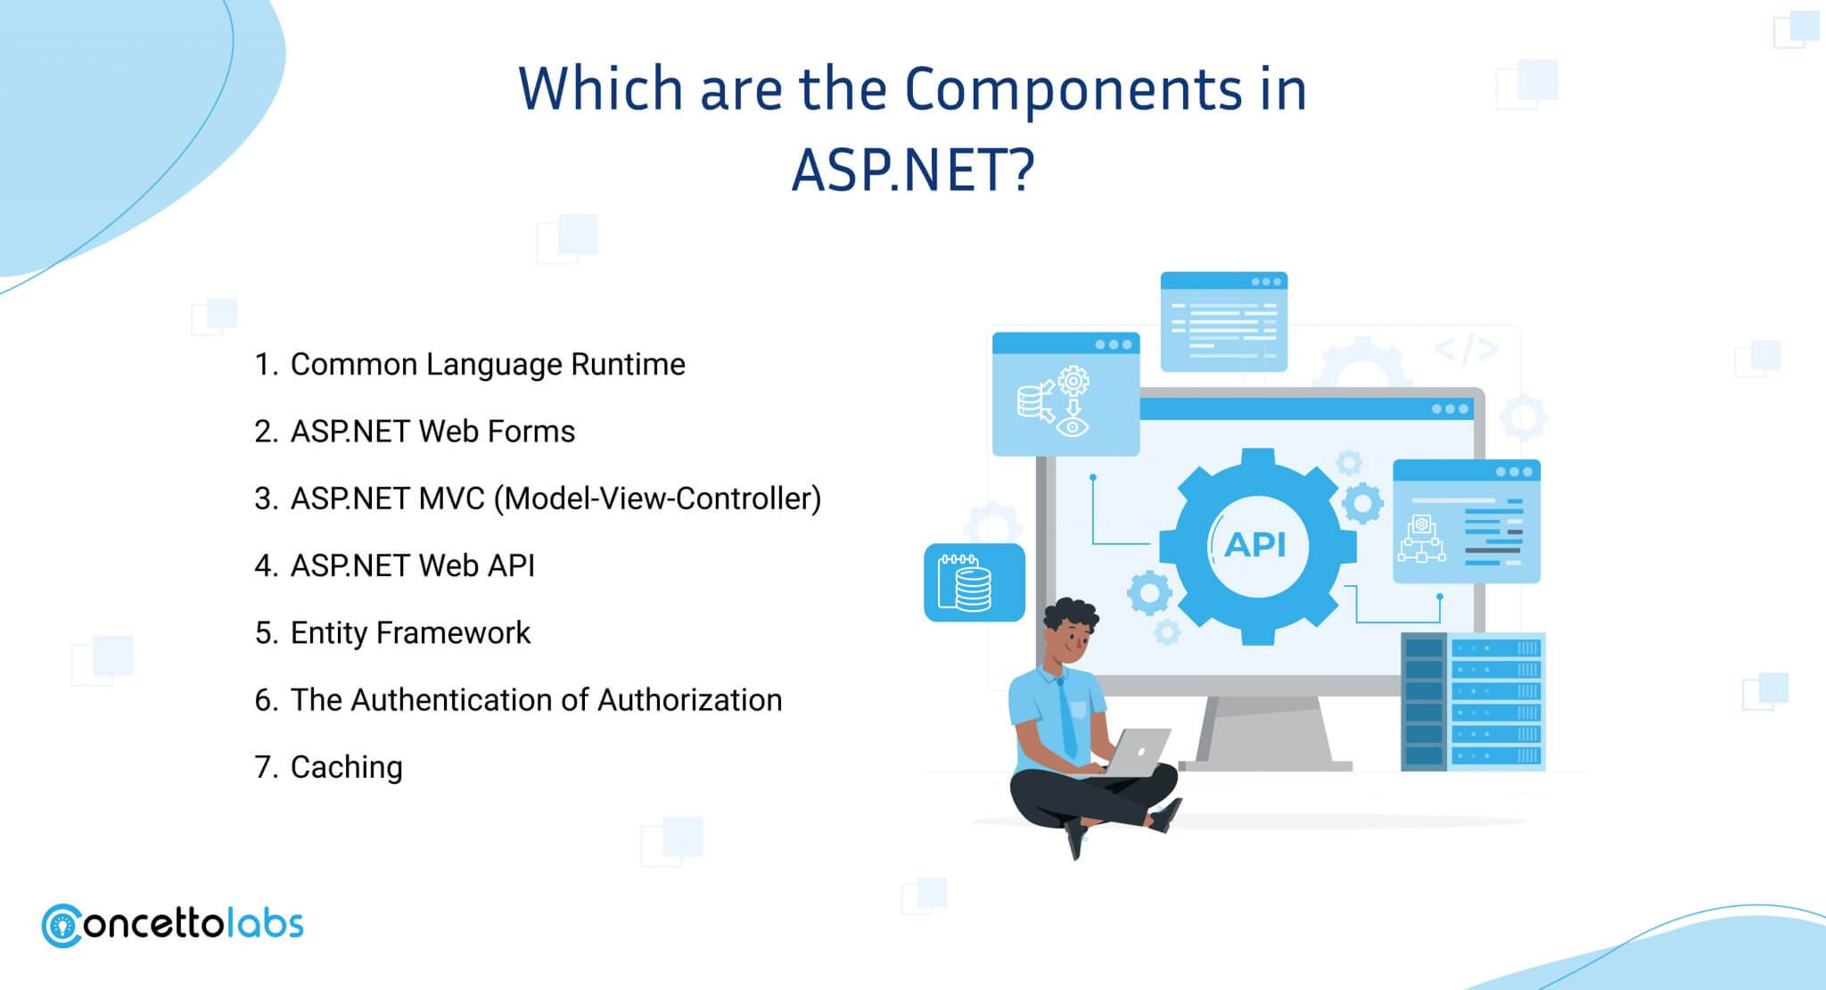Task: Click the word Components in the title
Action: point(1073,90)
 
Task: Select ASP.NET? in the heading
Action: point(913,169)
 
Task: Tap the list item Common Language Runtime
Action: point(488,365)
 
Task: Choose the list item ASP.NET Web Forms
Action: point(432,432)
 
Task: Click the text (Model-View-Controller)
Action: point(657,499)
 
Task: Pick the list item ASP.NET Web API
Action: point(413,565)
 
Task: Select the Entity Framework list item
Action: point(410,633)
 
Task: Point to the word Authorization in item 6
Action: point(689,700)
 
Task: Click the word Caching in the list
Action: point(347,768)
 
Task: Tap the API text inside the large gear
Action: point(1255,544)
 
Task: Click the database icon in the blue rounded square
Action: point(965,582)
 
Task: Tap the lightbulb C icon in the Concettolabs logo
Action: point(62,927)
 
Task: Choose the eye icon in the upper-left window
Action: point(1072,426)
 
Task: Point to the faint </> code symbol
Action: point(1467,349)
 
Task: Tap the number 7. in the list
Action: point(267,767)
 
